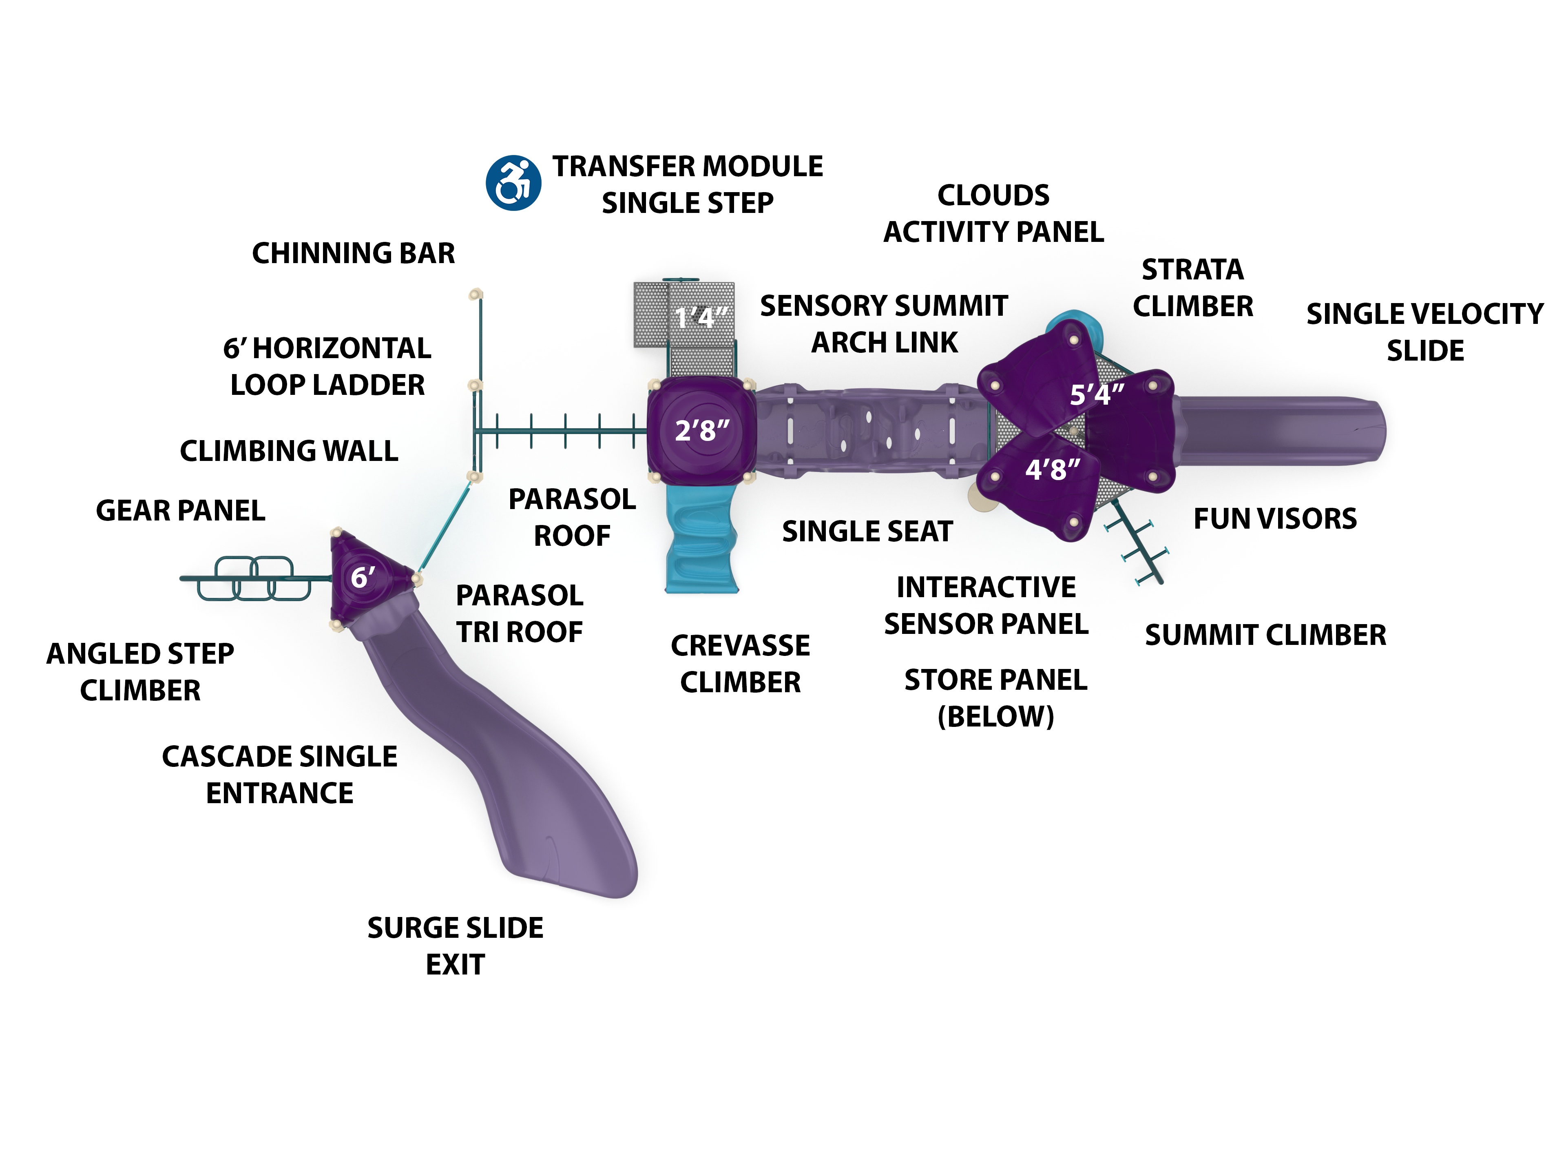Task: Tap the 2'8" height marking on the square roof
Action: coord(701,430)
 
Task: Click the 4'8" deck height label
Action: coord(1053,470)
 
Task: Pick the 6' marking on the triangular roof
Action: coord(363,577)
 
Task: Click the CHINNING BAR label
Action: coord(353,253)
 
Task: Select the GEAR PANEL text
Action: coord(181,510)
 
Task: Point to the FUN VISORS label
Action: coord(1275,519)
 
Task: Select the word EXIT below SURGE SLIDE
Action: coord(455,964)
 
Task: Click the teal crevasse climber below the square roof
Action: coord(701,538)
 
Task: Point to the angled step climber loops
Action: coord(253,578)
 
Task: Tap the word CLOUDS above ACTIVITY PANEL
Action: coord(993,195)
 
